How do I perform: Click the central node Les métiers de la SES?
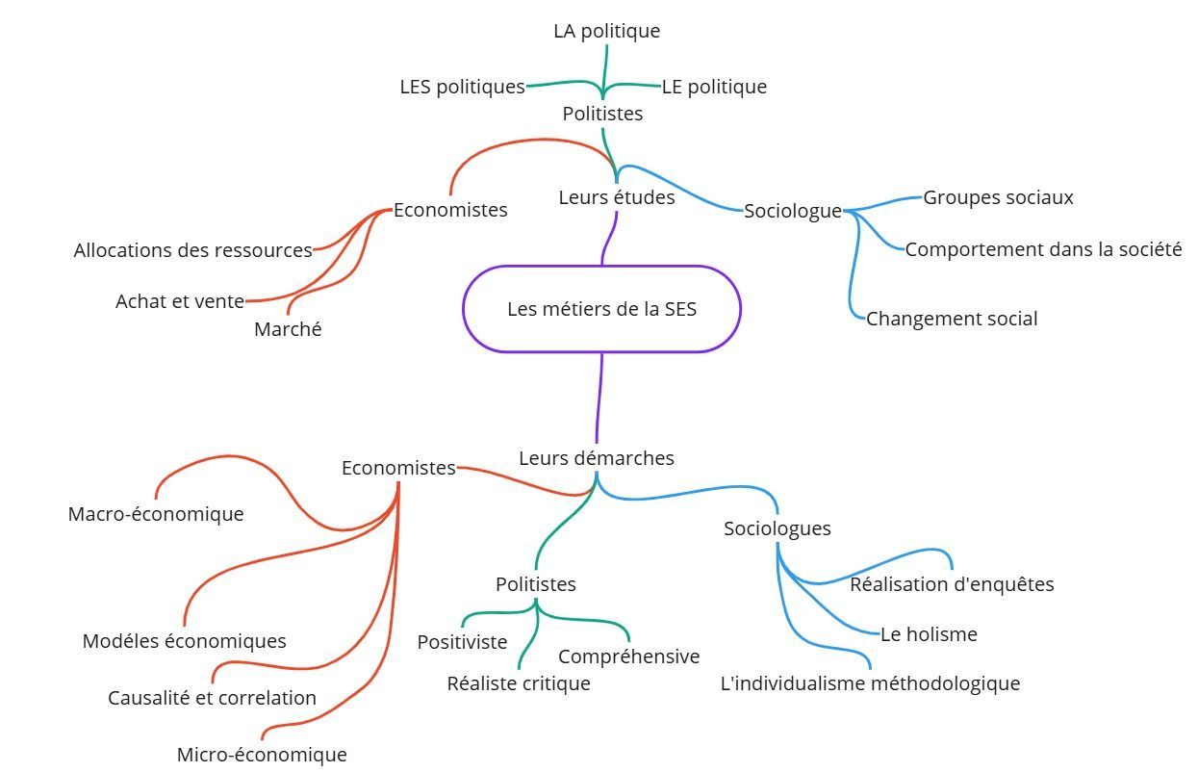(601, 309)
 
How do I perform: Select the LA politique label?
(606, 31)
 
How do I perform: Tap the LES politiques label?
(462, 87)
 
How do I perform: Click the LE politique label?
(714, 87)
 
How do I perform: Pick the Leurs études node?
(616, 197)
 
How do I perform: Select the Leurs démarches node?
(596, 458)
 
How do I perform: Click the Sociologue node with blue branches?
(792, 211)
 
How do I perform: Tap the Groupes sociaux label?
(998, 197)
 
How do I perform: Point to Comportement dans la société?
(1043, 249)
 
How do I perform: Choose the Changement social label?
(951, 319)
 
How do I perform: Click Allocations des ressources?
(192, 250)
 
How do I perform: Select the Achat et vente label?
(179, 301)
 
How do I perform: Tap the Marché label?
(288, 329)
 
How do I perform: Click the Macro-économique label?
(155, 514)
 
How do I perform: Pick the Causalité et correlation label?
(212, 698)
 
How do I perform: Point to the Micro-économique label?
(261, 755)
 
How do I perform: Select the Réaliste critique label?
(518, 683)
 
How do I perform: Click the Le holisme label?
(929, 634)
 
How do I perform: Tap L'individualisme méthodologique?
(870, 683)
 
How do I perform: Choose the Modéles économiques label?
(184, 641)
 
